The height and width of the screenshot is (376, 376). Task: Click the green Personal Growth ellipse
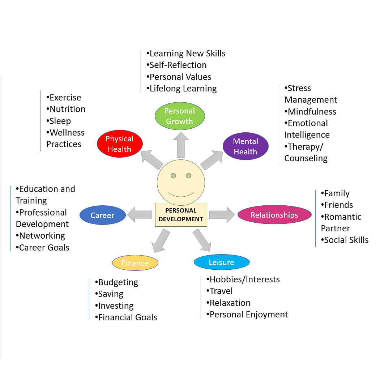(x=180, y=116)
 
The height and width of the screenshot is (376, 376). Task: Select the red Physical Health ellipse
(x=120, y=144)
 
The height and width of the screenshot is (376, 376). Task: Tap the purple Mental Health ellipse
(x=245, y=146)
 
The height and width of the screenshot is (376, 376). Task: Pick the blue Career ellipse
(x=102, y=215)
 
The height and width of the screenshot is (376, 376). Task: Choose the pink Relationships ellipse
(x=274, y=215)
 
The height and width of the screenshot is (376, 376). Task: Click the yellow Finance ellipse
(x=135, y=263)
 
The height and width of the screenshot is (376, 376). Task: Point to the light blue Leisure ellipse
(x=221, y=262)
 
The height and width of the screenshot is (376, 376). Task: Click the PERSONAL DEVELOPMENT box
(x=181, y=215)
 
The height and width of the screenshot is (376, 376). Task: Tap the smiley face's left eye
(x=173, y=176)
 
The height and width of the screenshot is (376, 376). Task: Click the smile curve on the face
(x=181, y=195)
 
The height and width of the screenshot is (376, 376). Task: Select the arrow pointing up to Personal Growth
(x=180, y=145)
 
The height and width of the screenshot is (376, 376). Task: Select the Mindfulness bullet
(x=312, y=111)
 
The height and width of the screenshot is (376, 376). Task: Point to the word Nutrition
(x=67, y=109)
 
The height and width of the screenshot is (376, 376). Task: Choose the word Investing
(x=116, y=305)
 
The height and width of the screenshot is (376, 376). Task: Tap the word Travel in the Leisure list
(x=221, y=291)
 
